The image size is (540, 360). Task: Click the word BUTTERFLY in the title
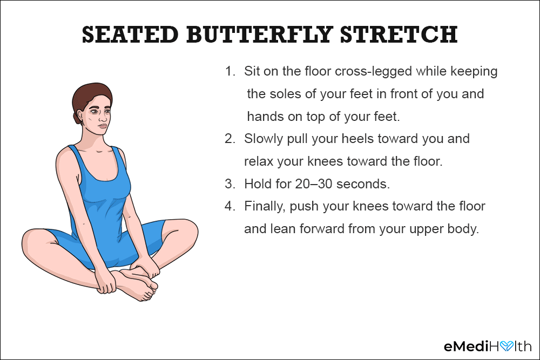pos(260,35)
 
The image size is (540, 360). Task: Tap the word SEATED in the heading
pos(130,35)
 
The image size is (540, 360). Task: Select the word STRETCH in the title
pos(399,35)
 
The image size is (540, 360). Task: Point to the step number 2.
pos(230,139)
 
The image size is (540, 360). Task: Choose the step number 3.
pos(230,184)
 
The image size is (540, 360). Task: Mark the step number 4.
pos(230,206)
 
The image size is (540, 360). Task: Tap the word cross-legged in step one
pos(373,72)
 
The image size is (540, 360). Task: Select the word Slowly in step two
pos(264,139)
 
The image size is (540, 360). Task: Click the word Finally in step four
pos(265,207)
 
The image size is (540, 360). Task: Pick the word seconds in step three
pos(363,184)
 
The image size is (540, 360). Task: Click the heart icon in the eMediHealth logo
pos(507,346)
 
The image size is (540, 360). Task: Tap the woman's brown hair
pos(89,97)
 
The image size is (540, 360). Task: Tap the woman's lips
pos(103,126)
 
